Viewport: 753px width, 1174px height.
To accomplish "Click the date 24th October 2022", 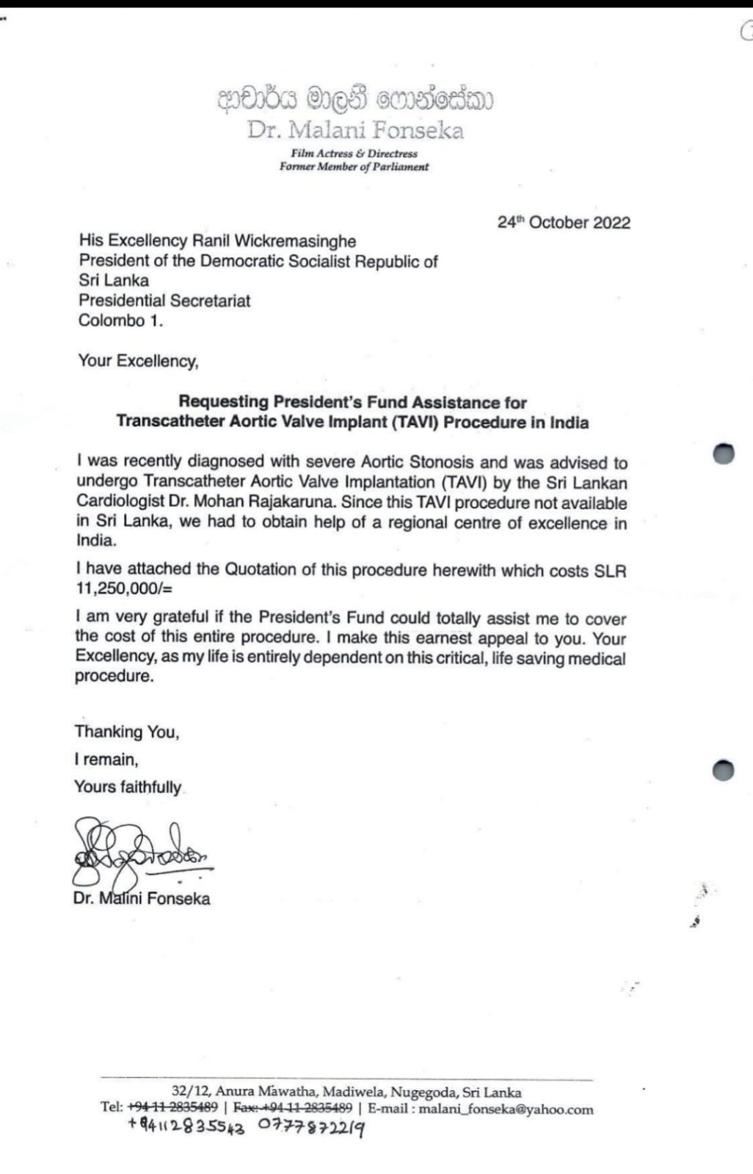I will click(x=564, y=223).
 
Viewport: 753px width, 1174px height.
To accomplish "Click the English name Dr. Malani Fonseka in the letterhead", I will click(x=355, y=131).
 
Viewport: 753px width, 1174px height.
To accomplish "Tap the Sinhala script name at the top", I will click(x=355, y=99).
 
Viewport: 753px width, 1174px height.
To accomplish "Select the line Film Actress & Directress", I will click(x=354, y=153).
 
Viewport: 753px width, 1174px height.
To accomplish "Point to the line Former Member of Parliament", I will click(x=354, y=167).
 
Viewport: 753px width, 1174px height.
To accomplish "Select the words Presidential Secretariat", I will click(x=164, y=301).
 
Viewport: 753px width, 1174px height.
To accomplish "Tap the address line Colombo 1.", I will click(x=120, y=321).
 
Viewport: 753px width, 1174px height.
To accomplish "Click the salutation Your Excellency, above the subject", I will click(x=138, y=361).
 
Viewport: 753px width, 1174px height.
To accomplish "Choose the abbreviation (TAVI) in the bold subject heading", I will click(x=415, y=423).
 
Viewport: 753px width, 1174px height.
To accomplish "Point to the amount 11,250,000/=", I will click(x=124, y=588).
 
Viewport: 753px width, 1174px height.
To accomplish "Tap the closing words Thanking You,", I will click(x=126, y=732).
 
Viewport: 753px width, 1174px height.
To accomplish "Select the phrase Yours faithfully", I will click(x=127, y=787).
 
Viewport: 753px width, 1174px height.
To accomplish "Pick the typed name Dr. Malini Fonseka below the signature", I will click(x=141, y=898).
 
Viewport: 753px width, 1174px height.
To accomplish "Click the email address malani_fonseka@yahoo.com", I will click(x=506, y=1109).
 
